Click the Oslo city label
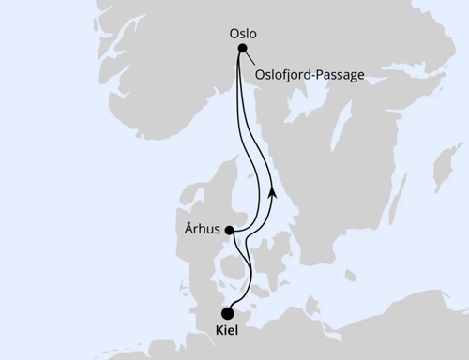tap(243, 33)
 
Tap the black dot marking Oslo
tap(242, 49)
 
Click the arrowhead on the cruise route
tap(272, 190)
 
